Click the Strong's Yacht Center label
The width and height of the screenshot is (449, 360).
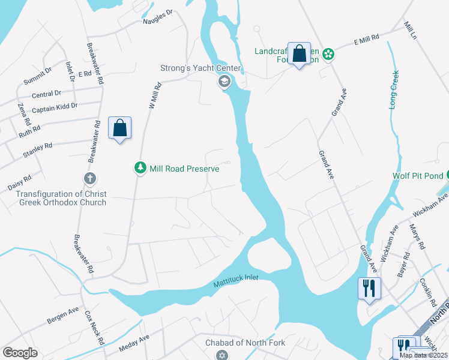click(x=200, y=68)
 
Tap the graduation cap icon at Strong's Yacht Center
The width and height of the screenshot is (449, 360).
click(x=224, y=82)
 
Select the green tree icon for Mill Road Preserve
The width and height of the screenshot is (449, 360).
click(x=140, y=169)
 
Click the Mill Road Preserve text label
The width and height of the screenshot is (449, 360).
click(x=184, y=169)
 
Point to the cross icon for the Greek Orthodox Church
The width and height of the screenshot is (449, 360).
click(x=90, y=179)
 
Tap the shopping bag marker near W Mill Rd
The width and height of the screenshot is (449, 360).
click(x=119, y=128)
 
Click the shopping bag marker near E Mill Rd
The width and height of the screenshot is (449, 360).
click(x=299, y=54)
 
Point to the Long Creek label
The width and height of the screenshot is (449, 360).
click(x=394, y=93)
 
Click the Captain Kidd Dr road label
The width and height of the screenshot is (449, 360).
click(x=55, y=107)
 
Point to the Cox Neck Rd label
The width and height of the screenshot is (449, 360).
click(x=95, y=326)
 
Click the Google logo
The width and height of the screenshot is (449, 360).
click(x=20, y=353)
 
